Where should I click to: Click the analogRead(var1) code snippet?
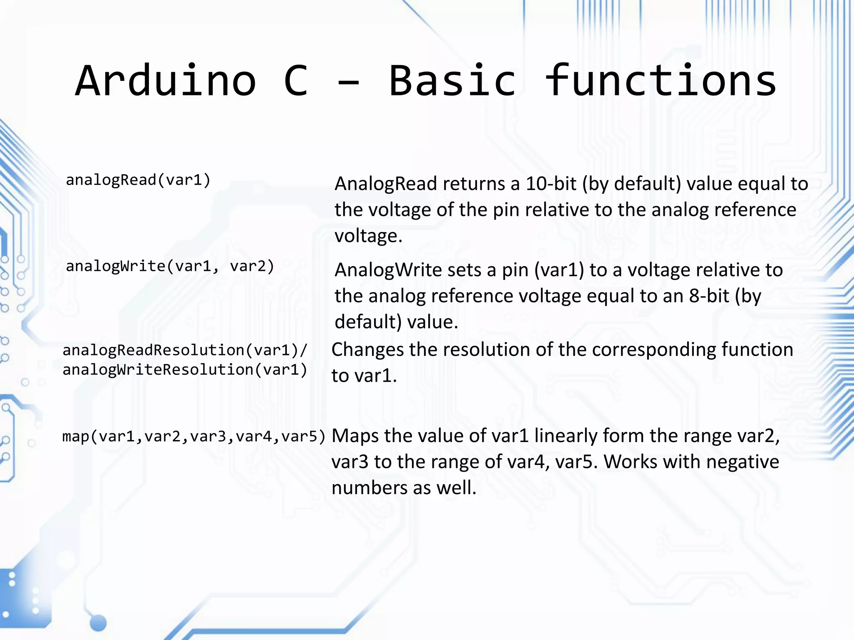(138, 180)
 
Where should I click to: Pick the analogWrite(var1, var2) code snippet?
(170, 266)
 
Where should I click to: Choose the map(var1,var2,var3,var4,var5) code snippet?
(193, 437)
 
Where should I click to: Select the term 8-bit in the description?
(709, 296)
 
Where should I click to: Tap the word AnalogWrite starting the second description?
(388, 270)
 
